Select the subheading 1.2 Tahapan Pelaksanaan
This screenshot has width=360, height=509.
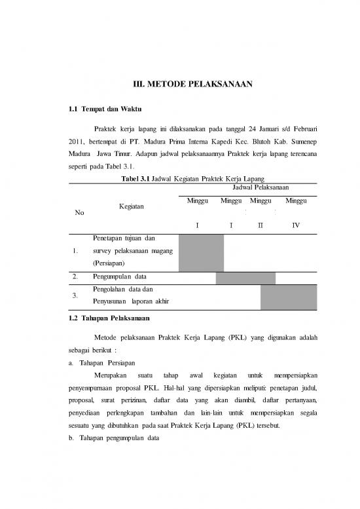pyautogui.click(x=109, y=318)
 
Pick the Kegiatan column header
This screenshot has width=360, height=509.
pyautogui.click(x=131, y=206)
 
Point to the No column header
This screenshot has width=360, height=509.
pyautogui.click(x=79, y=212)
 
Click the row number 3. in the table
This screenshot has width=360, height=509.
pyautogui.click(x=78, y=295)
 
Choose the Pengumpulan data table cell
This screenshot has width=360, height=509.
pyautogui.click(x=119, y=277)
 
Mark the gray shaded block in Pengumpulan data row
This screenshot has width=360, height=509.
pyautogui.click(x=245, y=278)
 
